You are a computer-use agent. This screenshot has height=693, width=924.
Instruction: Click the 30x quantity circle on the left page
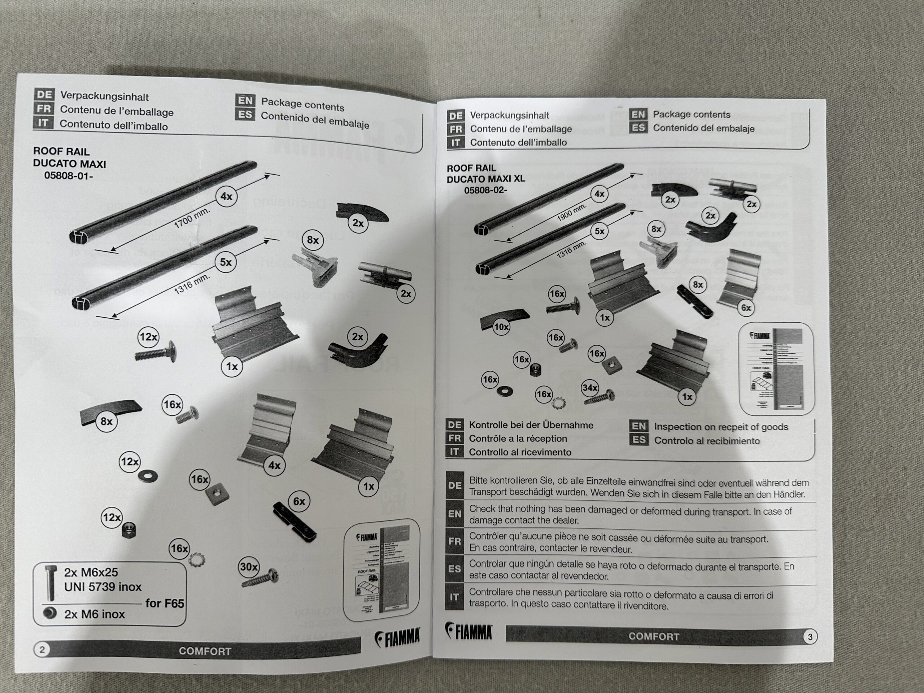point(249,567)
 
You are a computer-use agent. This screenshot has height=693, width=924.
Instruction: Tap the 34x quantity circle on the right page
point(589,388)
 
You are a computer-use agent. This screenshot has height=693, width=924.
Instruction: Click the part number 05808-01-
point(69,176)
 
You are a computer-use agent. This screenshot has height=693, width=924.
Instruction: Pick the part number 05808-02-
point(485,190)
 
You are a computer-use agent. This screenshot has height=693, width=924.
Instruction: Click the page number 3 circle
point(810,637)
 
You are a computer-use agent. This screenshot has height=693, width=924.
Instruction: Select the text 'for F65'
point(165,603)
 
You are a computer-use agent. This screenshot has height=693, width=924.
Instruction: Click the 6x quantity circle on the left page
point(299,501)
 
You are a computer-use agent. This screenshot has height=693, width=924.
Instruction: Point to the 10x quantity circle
point(501,327)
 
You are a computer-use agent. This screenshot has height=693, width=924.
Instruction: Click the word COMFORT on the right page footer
point(654,637)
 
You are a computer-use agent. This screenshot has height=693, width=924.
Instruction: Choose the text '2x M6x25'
point(91,572)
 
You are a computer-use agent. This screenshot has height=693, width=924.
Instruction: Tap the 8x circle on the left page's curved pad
point(106,422)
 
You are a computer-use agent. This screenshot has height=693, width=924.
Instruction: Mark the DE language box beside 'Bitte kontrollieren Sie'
point(454,486)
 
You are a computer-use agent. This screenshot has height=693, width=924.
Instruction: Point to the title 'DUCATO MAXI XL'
point(486,179)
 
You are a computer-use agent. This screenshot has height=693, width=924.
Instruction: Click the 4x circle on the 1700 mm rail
point(226,196)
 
